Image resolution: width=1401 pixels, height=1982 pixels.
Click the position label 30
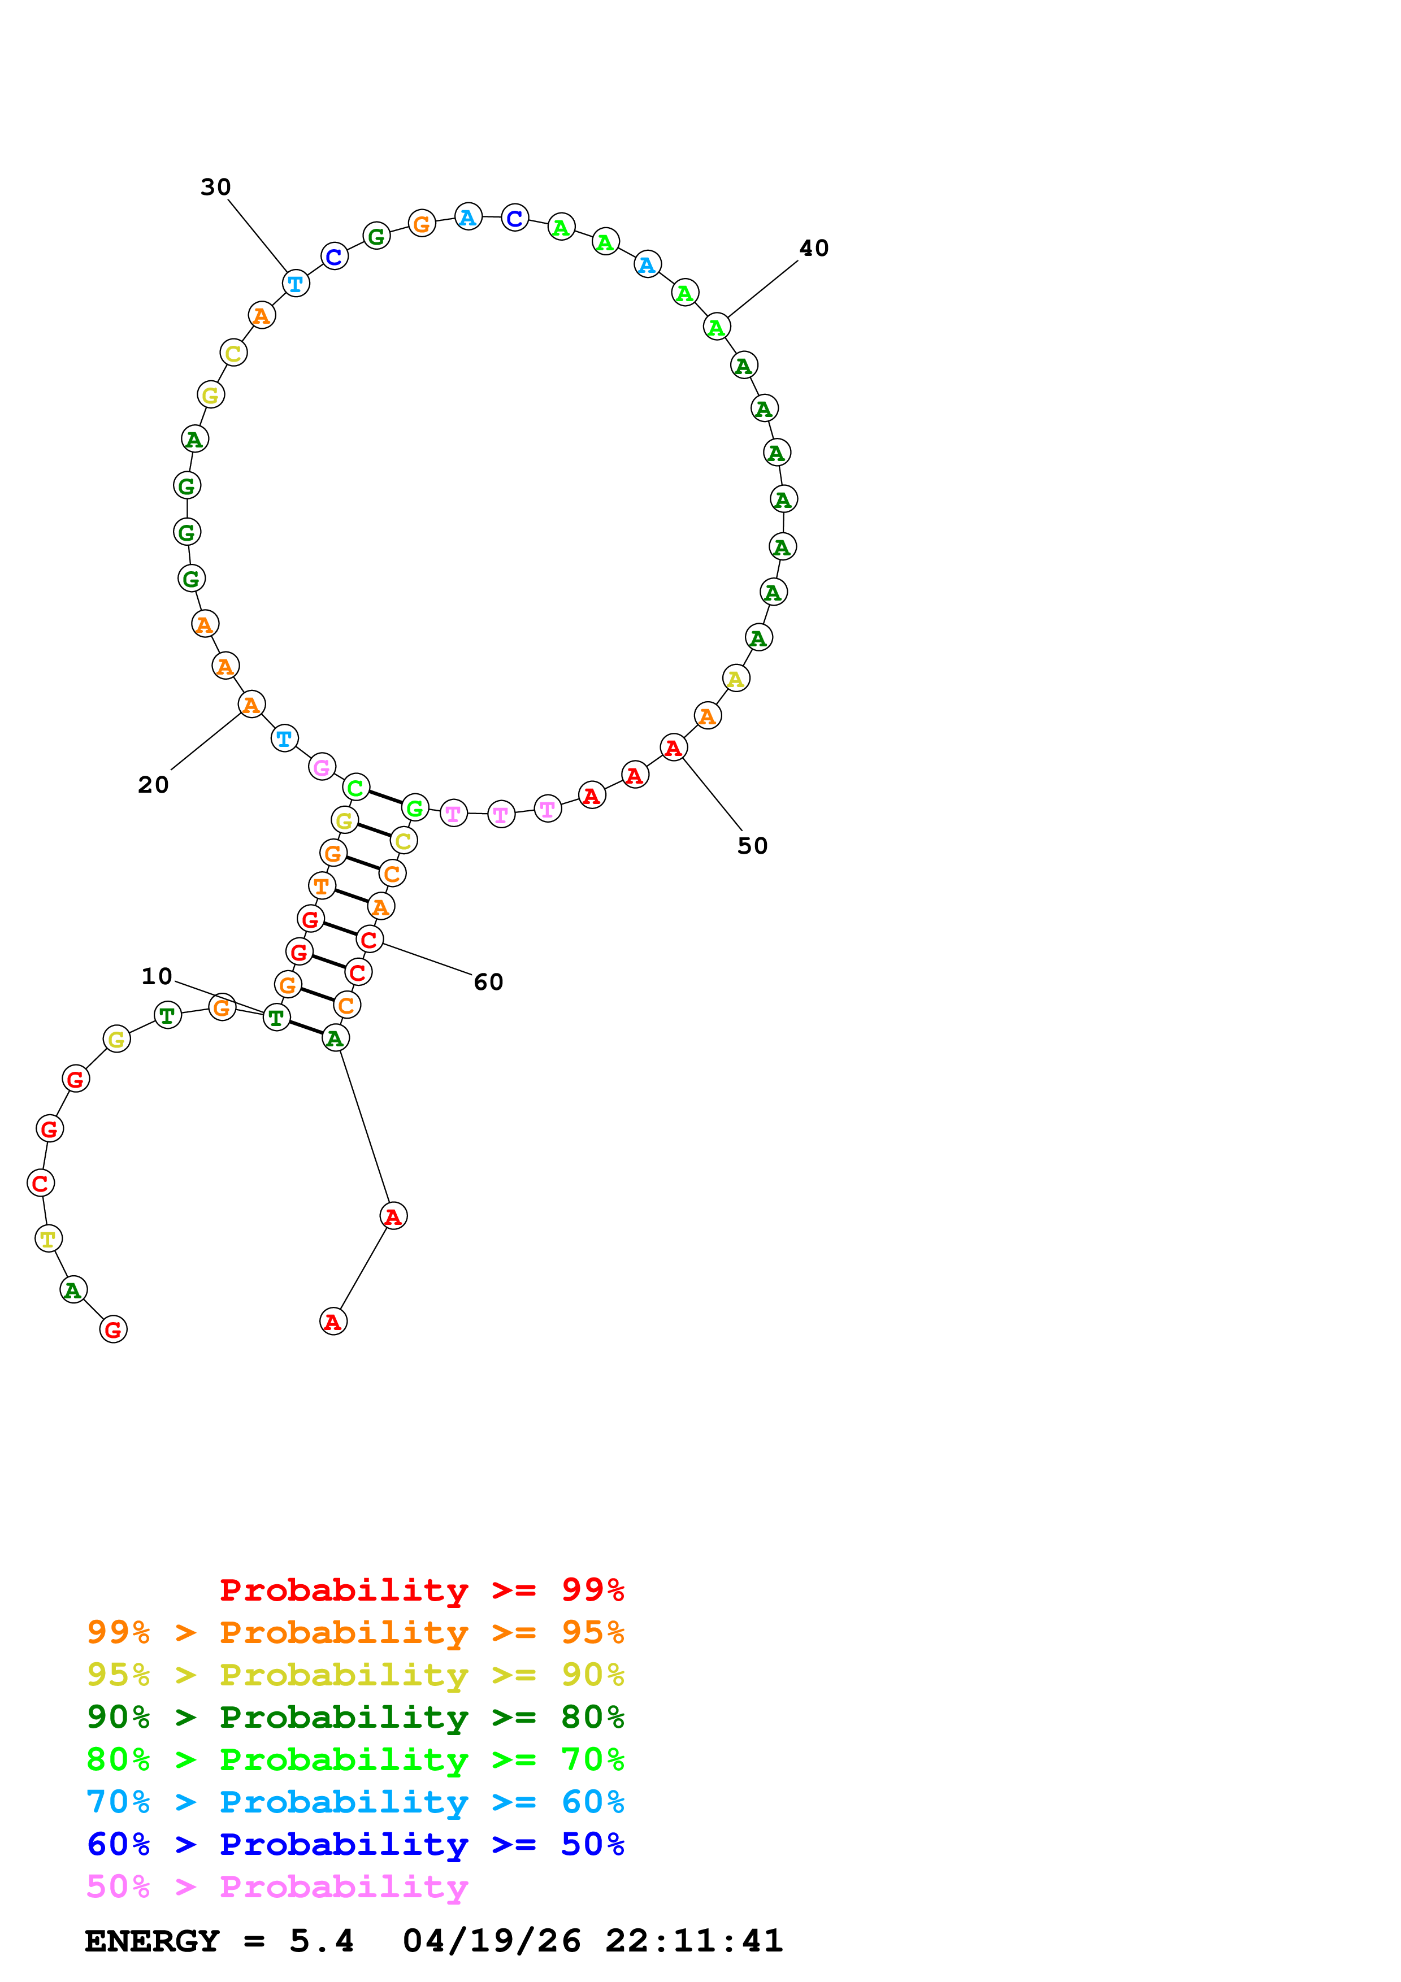(216, 188)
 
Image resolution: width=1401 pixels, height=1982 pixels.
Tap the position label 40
(813, 249)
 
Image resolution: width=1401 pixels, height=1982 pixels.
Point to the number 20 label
(154, 785)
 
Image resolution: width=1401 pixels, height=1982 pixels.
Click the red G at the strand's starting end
(113, 1329)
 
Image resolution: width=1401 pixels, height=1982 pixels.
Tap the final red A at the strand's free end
(333, 1322)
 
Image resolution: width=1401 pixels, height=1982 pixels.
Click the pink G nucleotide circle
(322, 767)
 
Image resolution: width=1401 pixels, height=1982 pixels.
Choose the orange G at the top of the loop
(421, 224)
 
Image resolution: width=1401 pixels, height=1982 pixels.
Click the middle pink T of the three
(501, 814)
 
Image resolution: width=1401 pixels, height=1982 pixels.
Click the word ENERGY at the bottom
(152, 1941)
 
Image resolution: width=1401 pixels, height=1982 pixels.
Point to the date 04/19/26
(491, 1941)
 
